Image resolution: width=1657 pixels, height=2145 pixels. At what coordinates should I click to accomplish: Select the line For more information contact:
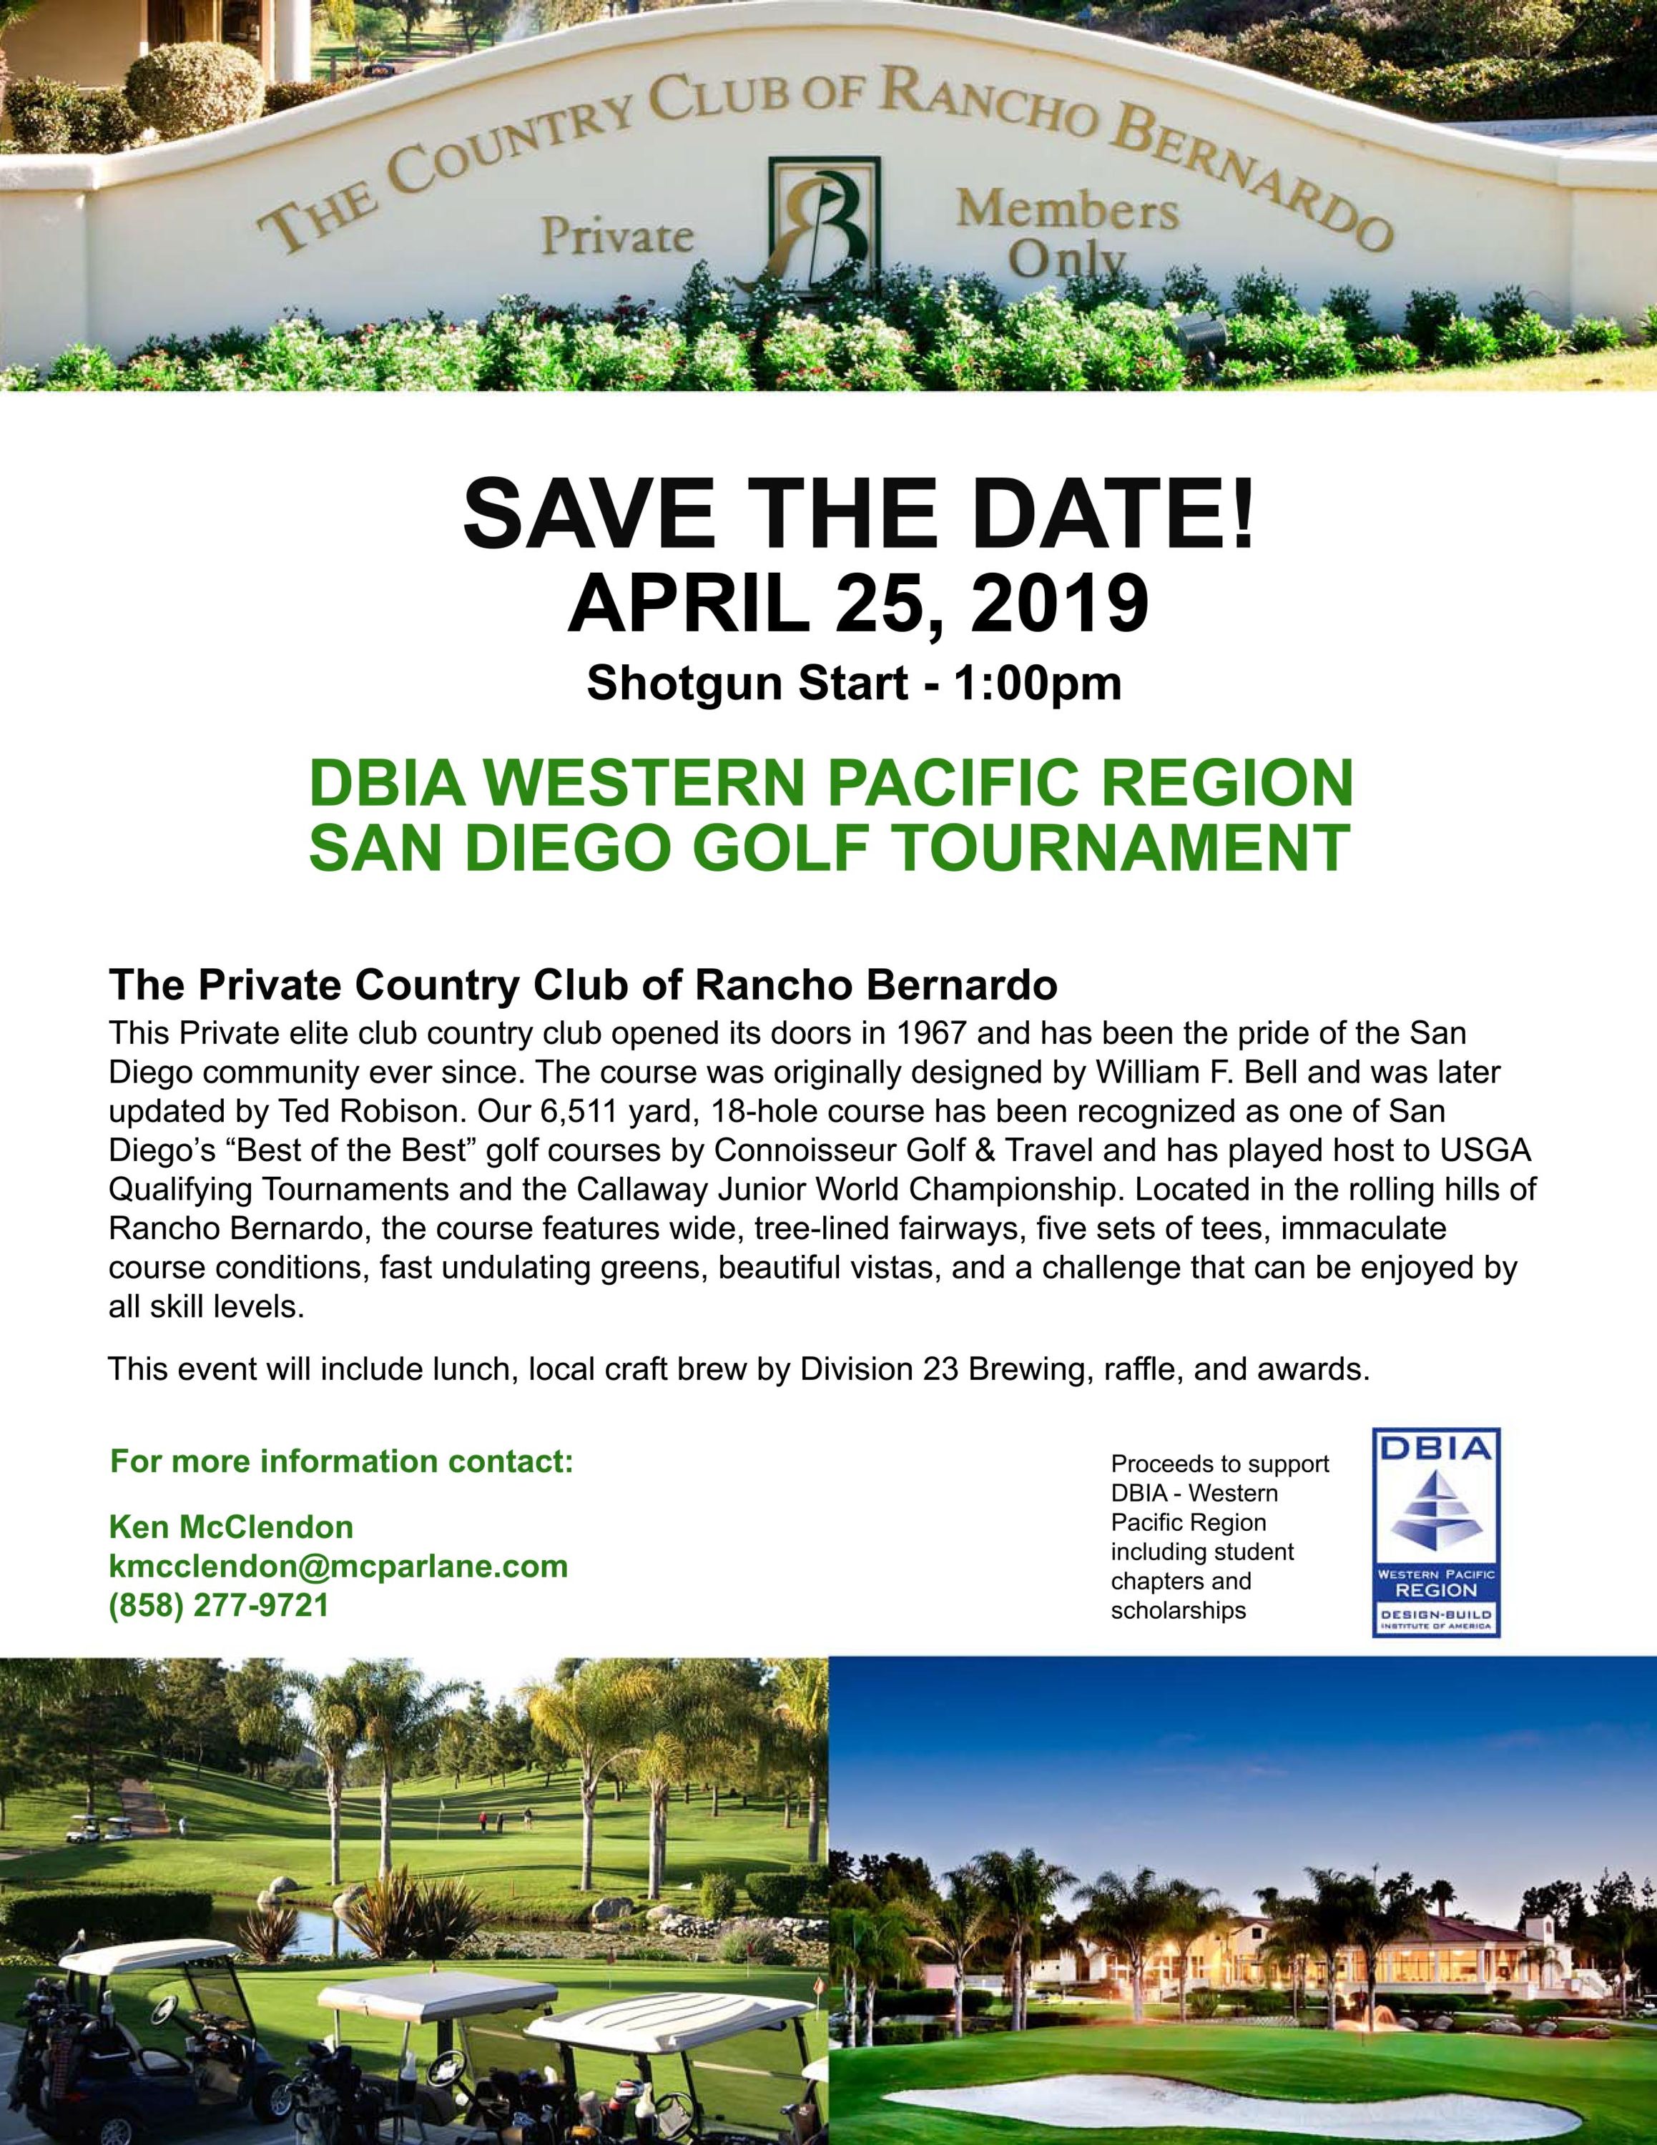342,1461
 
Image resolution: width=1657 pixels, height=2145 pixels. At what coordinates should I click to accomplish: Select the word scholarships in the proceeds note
1179,1612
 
